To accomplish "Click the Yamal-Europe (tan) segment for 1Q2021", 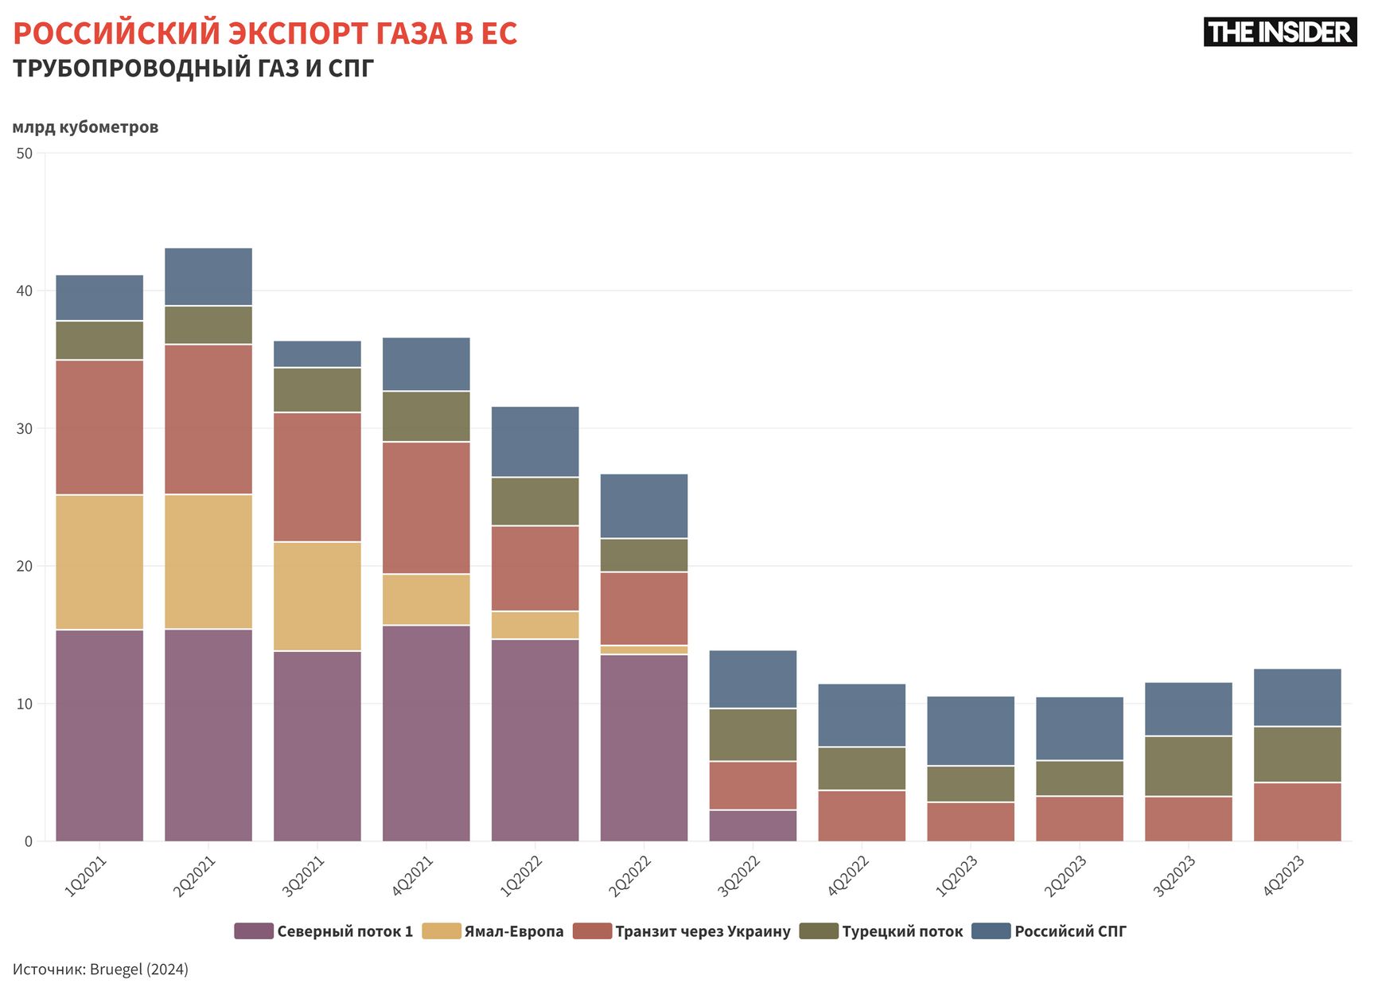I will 99,562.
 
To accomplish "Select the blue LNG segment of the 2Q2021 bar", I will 208,277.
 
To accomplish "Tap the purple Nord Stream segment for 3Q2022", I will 753,825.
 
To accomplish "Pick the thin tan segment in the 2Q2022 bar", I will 644,650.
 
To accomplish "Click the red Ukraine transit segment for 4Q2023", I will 1297,812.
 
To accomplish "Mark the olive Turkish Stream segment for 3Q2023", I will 1188,766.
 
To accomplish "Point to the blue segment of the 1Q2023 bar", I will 971,731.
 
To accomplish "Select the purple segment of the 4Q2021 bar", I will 426,733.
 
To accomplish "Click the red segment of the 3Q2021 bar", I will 317,477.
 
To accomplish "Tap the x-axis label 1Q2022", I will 521,876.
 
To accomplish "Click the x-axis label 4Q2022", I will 848,876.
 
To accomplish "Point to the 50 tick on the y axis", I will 25,154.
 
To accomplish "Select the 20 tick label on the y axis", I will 25,567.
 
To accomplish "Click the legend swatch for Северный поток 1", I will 254,931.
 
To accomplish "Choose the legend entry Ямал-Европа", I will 513,931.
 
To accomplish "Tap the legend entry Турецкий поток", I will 902,931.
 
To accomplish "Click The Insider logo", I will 1279,32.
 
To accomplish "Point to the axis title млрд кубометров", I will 85,127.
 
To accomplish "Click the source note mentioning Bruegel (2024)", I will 100,970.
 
